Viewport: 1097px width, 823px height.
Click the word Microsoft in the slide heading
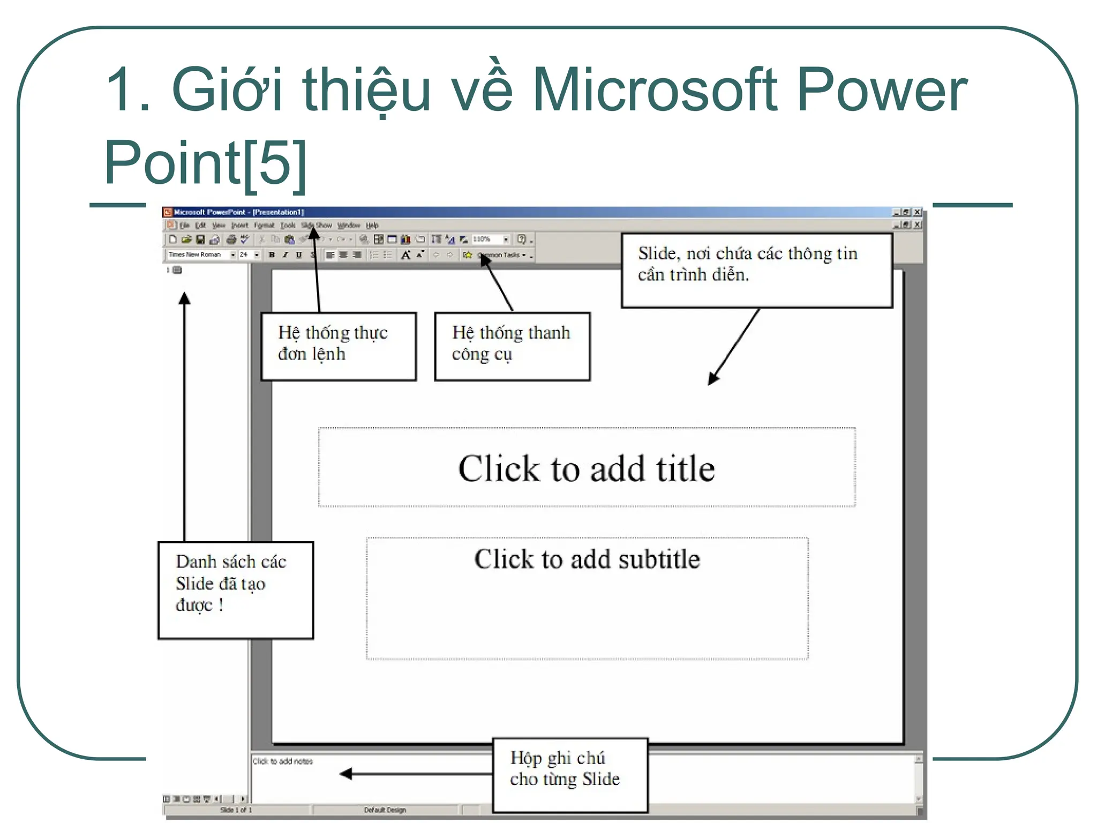(x=654, y=89)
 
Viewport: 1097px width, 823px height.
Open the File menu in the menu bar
(x=185, y=226)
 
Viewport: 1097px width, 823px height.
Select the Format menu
(x=264, y=226)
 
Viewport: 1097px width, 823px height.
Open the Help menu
(x=372, y=226)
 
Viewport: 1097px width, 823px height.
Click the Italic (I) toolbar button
(x=285, y=255)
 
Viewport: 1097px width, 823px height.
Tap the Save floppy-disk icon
(x=200, y=240)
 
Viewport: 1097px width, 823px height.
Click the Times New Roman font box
(x=196, y=255)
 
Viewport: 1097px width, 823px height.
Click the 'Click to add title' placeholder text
(x=586, y=469)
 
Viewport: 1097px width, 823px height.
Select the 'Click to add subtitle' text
(x=587, y=559)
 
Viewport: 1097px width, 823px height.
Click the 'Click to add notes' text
(x=282, y=761)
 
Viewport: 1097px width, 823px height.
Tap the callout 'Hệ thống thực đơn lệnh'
(x=338, y=346)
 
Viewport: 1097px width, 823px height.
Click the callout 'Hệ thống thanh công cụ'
(x=512, y=346)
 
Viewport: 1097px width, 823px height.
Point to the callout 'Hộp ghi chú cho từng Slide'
(x=569, y=775)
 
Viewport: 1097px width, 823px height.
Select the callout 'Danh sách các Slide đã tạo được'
(x=235, y=589)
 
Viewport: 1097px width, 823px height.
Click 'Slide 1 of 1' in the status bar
(x=236, y=810)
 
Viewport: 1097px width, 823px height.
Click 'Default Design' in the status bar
(x=385, y=810)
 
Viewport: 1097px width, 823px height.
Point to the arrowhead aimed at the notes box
(x=346, y=773)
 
